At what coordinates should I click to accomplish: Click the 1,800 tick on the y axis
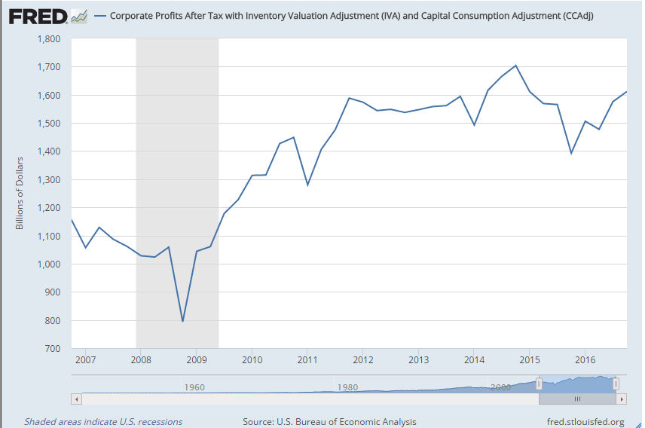[50, 38]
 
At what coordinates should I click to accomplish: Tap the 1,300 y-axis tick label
[50, 179]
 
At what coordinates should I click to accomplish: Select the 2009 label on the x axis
[196, 359]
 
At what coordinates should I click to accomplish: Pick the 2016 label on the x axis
[585, 359]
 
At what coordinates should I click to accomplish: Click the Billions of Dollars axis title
[20, 193]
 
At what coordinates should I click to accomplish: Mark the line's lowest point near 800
[182, 321]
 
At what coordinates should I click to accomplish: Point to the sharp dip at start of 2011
[307, 185]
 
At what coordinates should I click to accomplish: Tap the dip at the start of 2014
[474, 125]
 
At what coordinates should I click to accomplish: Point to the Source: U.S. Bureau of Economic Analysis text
[329, 422]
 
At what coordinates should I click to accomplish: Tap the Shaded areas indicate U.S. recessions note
[103, 422]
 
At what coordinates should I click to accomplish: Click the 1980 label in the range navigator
[347, 387]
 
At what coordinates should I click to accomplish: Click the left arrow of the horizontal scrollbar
[75, 399]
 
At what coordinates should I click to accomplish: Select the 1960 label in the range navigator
[194, 387]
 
